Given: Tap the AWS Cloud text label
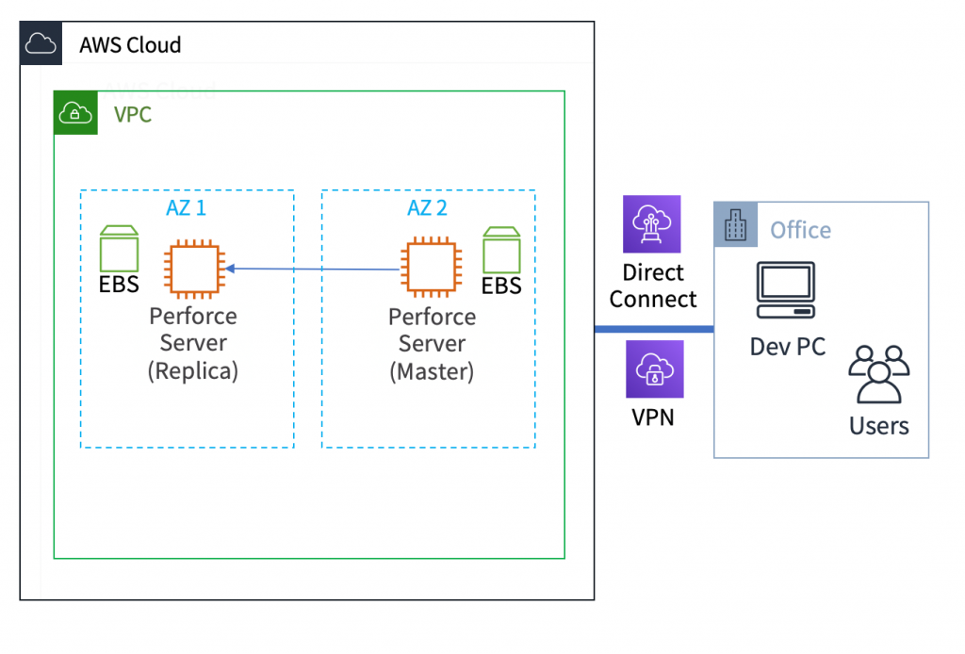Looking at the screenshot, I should tap(130, 44).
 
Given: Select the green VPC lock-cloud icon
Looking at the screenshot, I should tap(75, 114).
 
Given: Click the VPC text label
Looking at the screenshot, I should tap(132, 115).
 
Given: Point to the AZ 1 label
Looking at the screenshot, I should tap(186, 208).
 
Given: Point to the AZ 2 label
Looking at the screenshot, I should tap(427, 208).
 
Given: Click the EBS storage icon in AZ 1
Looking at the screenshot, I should tap(120, 249).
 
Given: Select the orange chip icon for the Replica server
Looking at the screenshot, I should tap(193, 269).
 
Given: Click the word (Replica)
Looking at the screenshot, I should tap(193, 371).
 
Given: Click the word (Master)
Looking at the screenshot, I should tap(432, 371).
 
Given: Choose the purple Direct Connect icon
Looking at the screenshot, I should tap(652, 224).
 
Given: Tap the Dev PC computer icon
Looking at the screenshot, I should tap(786, 292).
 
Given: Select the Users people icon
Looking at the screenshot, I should tap(878, 376).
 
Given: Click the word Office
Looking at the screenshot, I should tap(800, 230).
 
